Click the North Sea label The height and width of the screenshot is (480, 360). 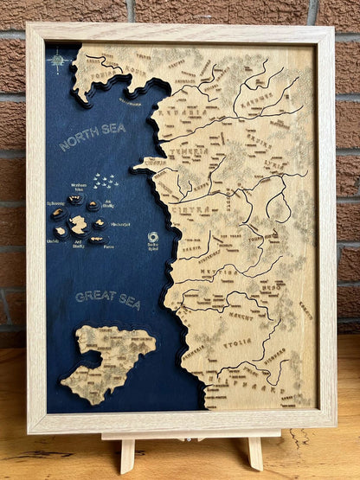coord(92,137)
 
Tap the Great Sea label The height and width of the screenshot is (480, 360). coord(107,298)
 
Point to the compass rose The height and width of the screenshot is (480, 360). coord(59,60)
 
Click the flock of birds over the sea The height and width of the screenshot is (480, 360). coord(105,182)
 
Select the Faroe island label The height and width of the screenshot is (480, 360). coord(108,246)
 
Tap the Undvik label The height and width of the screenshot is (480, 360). coord(53,241)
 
